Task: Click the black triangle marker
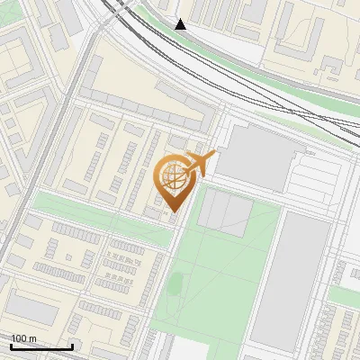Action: point(181,24)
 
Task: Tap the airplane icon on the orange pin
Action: point(200,163)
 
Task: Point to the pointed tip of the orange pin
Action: point(175,212)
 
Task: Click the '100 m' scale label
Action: point(23,338)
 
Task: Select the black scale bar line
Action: point(40,346)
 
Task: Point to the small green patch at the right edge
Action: point(346,295)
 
